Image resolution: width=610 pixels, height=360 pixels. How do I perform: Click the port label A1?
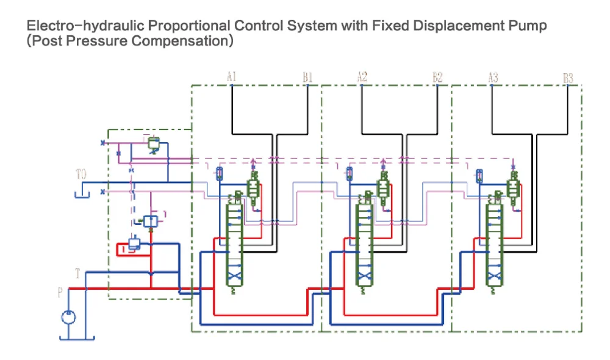tap(232, 77)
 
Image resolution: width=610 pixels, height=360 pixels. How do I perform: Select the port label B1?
tap(307, 77)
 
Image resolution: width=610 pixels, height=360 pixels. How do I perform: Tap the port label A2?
tap(362, 77)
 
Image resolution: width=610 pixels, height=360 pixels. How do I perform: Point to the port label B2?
tap(437, 77)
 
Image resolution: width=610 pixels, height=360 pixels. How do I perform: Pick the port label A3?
tap(493, 77)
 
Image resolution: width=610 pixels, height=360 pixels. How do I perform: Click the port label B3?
tap(568, 78)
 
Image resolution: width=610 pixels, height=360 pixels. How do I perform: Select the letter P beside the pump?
tap(60, 293)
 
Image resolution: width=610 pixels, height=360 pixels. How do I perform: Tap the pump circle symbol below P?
tap(68, 317)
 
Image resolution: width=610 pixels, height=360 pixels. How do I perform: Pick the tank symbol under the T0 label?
tap(81, 194)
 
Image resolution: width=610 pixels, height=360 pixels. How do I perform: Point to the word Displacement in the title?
tap(454, 26)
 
